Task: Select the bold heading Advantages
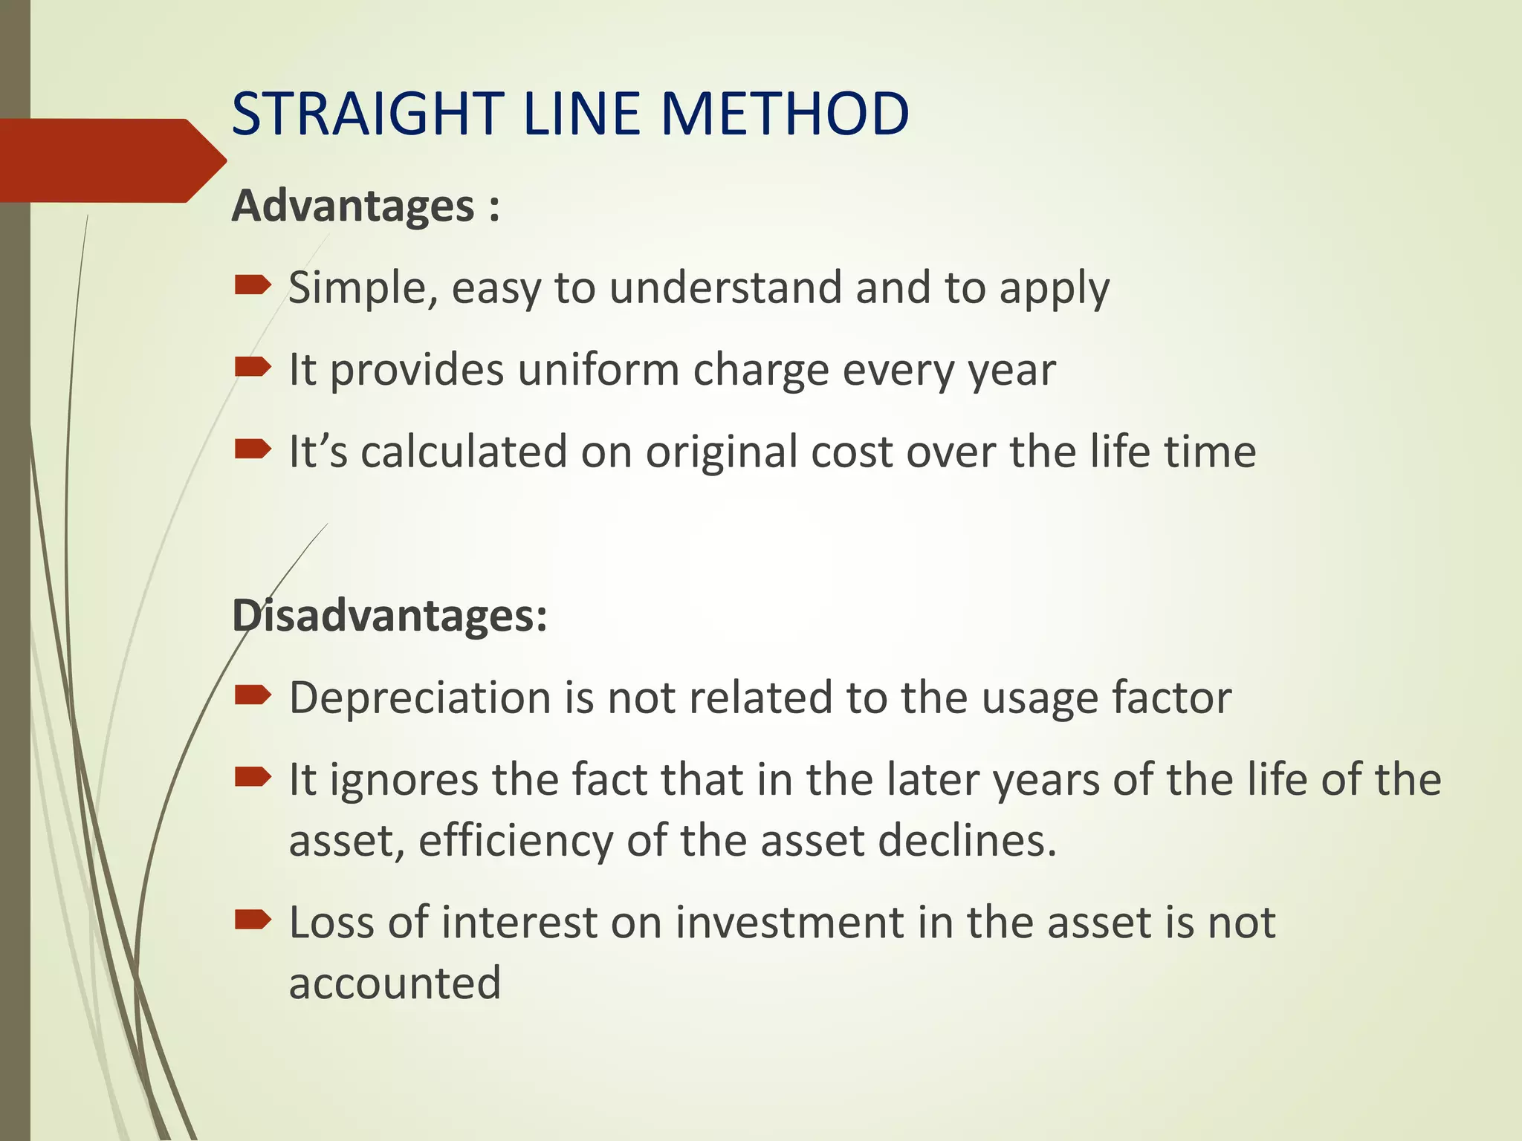click(x=353, y=206)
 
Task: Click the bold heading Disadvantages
click(x=389, y=616)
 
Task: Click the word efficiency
click(x=516, y=841)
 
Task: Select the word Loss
click(x=331, y=923)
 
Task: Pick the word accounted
click(x=395, y=984)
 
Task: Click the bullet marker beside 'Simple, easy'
click(x=252, y=285)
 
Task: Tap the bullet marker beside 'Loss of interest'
click(x=252, y=920)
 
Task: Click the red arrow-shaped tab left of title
click(x=104, y=160)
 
